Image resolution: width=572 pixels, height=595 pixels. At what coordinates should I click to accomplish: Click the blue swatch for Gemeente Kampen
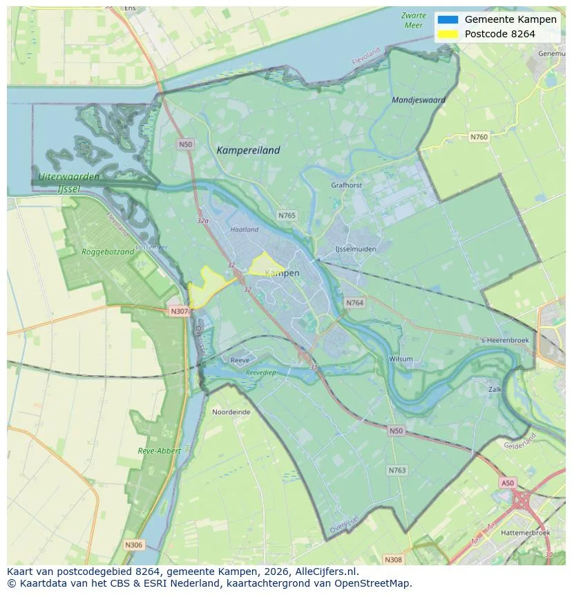(x=448, y=19)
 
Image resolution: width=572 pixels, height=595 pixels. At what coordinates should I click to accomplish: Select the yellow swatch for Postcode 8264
(x=448, y=34)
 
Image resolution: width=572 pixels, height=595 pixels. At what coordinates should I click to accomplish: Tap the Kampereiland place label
(x=248, y=150)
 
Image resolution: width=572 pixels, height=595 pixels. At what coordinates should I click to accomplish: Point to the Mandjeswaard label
(x=418, y=100)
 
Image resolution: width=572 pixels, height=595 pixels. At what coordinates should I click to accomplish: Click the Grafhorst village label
(x=346, y=185)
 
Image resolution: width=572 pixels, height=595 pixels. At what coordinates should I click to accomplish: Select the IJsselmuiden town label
(x=354, y=248)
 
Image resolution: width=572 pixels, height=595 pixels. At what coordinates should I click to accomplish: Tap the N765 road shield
(x=287, y=216)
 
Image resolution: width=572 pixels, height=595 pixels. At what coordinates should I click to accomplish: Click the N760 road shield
(x=479, y=137)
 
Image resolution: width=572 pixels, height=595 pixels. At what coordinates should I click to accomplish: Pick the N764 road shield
(x=354, y=303)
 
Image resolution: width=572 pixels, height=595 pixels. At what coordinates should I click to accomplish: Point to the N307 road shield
(x=179, y=311)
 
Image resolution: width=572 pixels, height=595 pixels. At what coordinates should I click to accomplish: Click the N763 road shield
(x=397, y=470)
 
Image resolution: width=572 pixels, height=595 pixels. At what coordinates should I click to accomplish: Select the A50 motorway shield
(x=508, y=483)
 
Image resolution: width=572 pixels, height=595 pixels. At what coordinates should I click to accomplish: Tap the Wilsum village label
(x=401, y=359)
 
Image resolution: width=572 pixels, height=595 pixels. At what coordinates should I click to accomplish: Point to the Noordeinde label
(x=231, y=411)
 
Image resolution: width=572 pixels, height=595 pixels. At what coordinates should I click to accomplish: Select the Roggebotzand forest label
(x=108, y=252)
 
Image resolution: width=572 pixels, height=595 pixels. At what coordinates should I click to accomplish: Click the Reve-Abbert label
(x=159, y=451)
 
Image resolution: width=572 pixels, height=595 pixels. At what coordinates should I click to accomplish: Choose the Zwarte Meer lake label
(x=413, y=20)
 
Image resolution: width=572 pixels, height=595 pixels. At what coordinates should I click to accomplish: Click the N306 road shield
(x=134, y=545)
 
